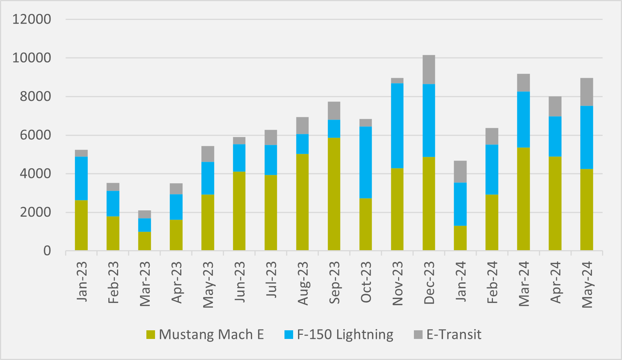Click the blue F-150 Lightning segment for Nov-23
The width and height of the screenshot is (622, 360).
click(397, 126)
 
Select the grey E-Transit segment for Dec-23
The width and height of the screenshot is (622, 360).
click(429, 70)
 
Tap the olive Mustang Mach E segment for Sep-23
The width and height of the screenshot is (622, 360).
click(334, 194)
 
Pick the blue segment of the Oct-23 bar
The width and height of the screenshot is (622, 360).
click(365, 162)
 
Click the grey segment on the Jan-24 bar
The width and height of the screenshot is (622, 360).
click(460, 172)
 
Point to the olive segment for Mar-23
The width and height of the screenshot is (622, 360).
click(144, 241)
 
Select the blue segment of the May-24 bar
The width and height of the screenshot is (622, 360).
click(586, 137)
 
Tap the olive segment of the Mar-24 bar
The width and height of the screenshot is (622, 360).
click(523, 199)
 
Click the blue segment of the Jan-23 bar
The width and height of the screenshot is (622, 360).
click(81, 178)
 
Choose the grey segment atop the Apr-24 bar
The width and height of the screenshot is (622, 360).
click(555, 106)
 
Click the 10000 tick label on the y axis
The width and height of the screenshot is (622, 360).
click(32, 58)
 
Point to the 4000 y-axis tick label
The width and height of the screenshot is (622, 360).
click(32, 174)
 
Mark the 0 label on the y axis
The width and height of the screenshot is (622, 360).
click(47, 251)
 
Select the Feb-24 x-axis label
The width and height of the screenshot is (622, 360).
click(492, 282)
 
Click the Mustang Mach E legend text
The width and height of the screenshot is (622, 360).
click(211, 334)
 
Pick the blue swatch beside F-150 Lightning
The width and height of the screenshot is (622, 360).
click(289, 334)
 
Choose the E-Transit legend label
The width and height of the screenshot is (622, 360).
click(453, 334)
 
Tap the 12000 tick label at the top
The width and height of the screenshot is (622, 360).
click(32, 19)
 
